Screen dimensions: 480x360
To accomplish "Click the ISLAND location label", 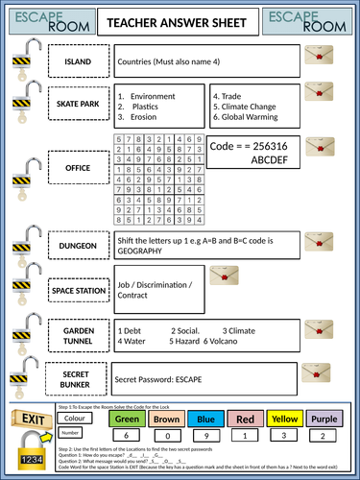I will click(78, 62).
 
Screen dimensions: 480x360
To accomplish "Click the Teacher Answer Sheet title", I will click(180, 22).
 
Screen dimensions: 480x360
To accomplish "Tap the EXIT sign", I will click(32, 420).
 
